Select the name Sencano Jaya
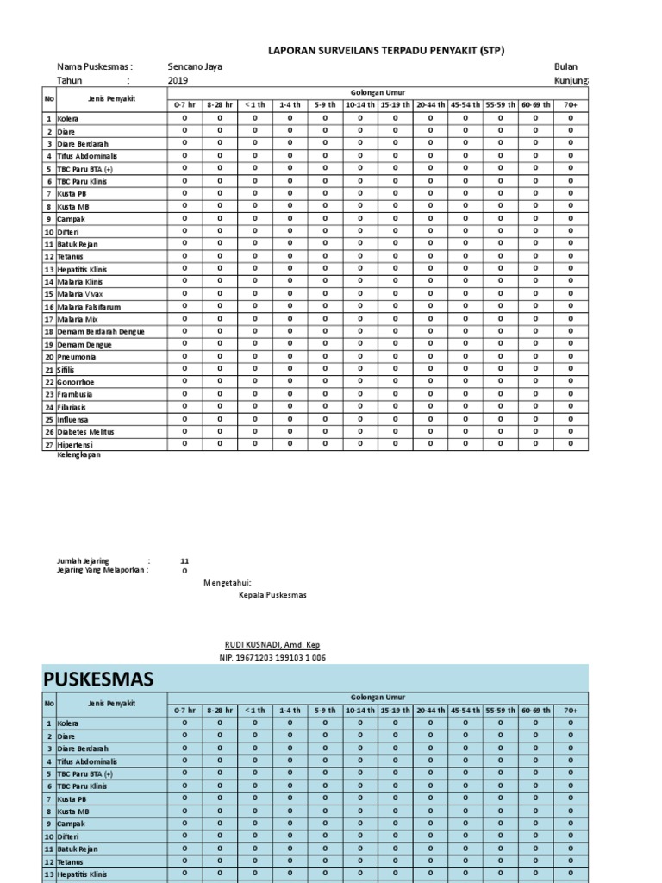point(194,66)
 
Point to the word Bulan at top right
point(566,66)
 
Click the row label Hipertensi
point(77,444)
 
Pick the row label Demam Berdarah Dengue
point(101,331)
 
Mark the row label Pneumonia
point(77,356)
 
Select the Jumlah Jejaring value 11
point(184,560)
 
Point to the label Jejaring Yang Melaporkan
point(103,570)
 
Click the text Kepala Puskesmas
point(272,595)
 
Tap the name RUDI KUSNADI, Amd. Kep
point(276,645)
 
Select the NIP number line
point(273,658)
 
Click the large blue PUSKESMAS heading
point(99,679)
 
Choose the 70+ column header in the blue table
point(570,710)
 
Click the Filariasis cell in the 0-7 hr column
point(184,406)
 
